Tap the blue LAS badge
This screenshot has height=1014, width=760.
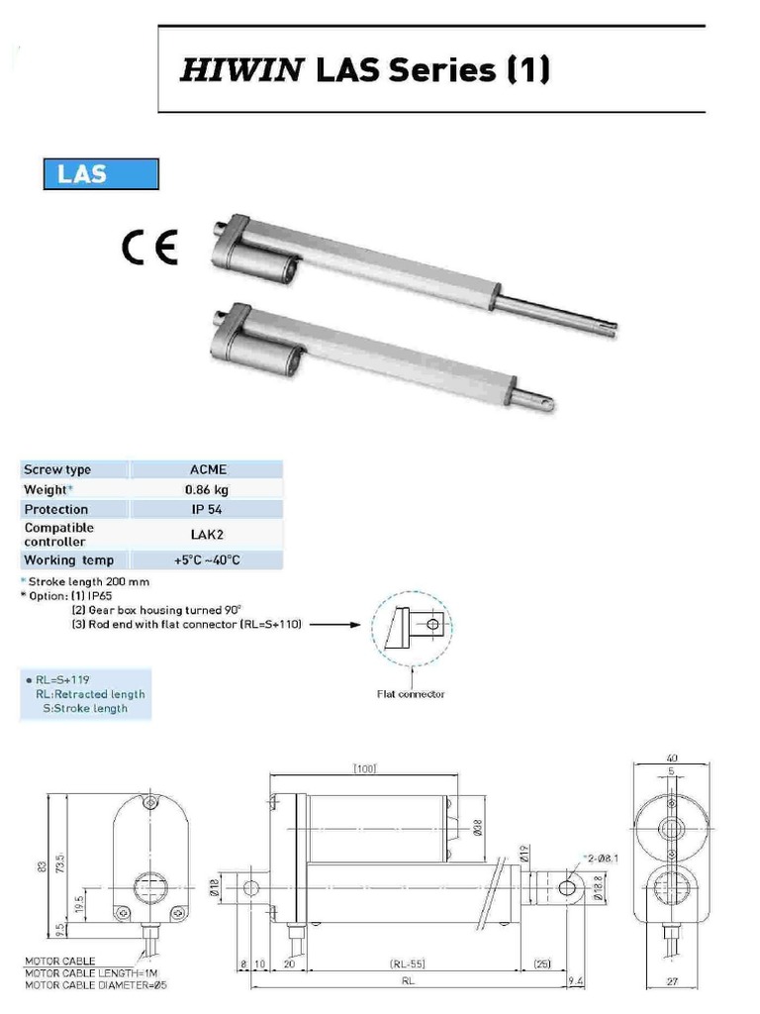(101, 173)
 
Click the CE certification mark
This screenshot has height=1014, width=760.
(149, 247)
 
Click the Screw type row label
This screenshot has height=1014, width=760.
(57, 469)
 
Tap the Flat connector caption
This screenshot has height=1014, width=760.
(411, 693)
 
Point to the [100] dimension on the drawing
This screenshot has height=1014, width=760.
(364, 768)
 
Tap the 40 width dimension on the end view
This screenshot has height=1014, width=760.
(672, 760)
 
